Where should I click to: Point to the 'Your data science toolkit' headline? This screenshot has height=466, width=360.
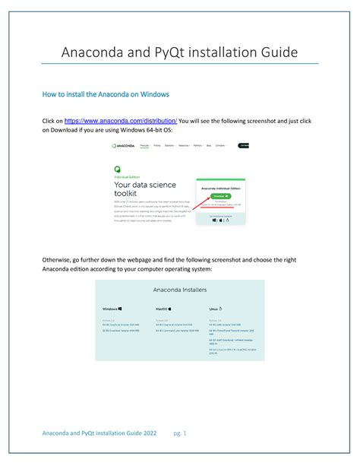pyautogui.click(x=144, y=189)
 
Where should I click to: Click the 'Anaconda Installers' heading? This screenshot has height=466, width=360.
pyautogui.click(x=179, y=290)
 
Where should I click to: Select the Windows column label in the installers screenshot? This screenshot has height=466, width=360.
pyautogui.click(x=112, y=309)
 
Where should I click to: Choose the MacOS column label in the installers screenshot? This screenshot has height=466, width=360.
pyautogui.click(x=165, y=309)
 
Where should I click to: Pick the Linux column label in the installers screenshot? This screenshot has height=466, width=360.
pyautogui.click(x=216, y=309)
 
